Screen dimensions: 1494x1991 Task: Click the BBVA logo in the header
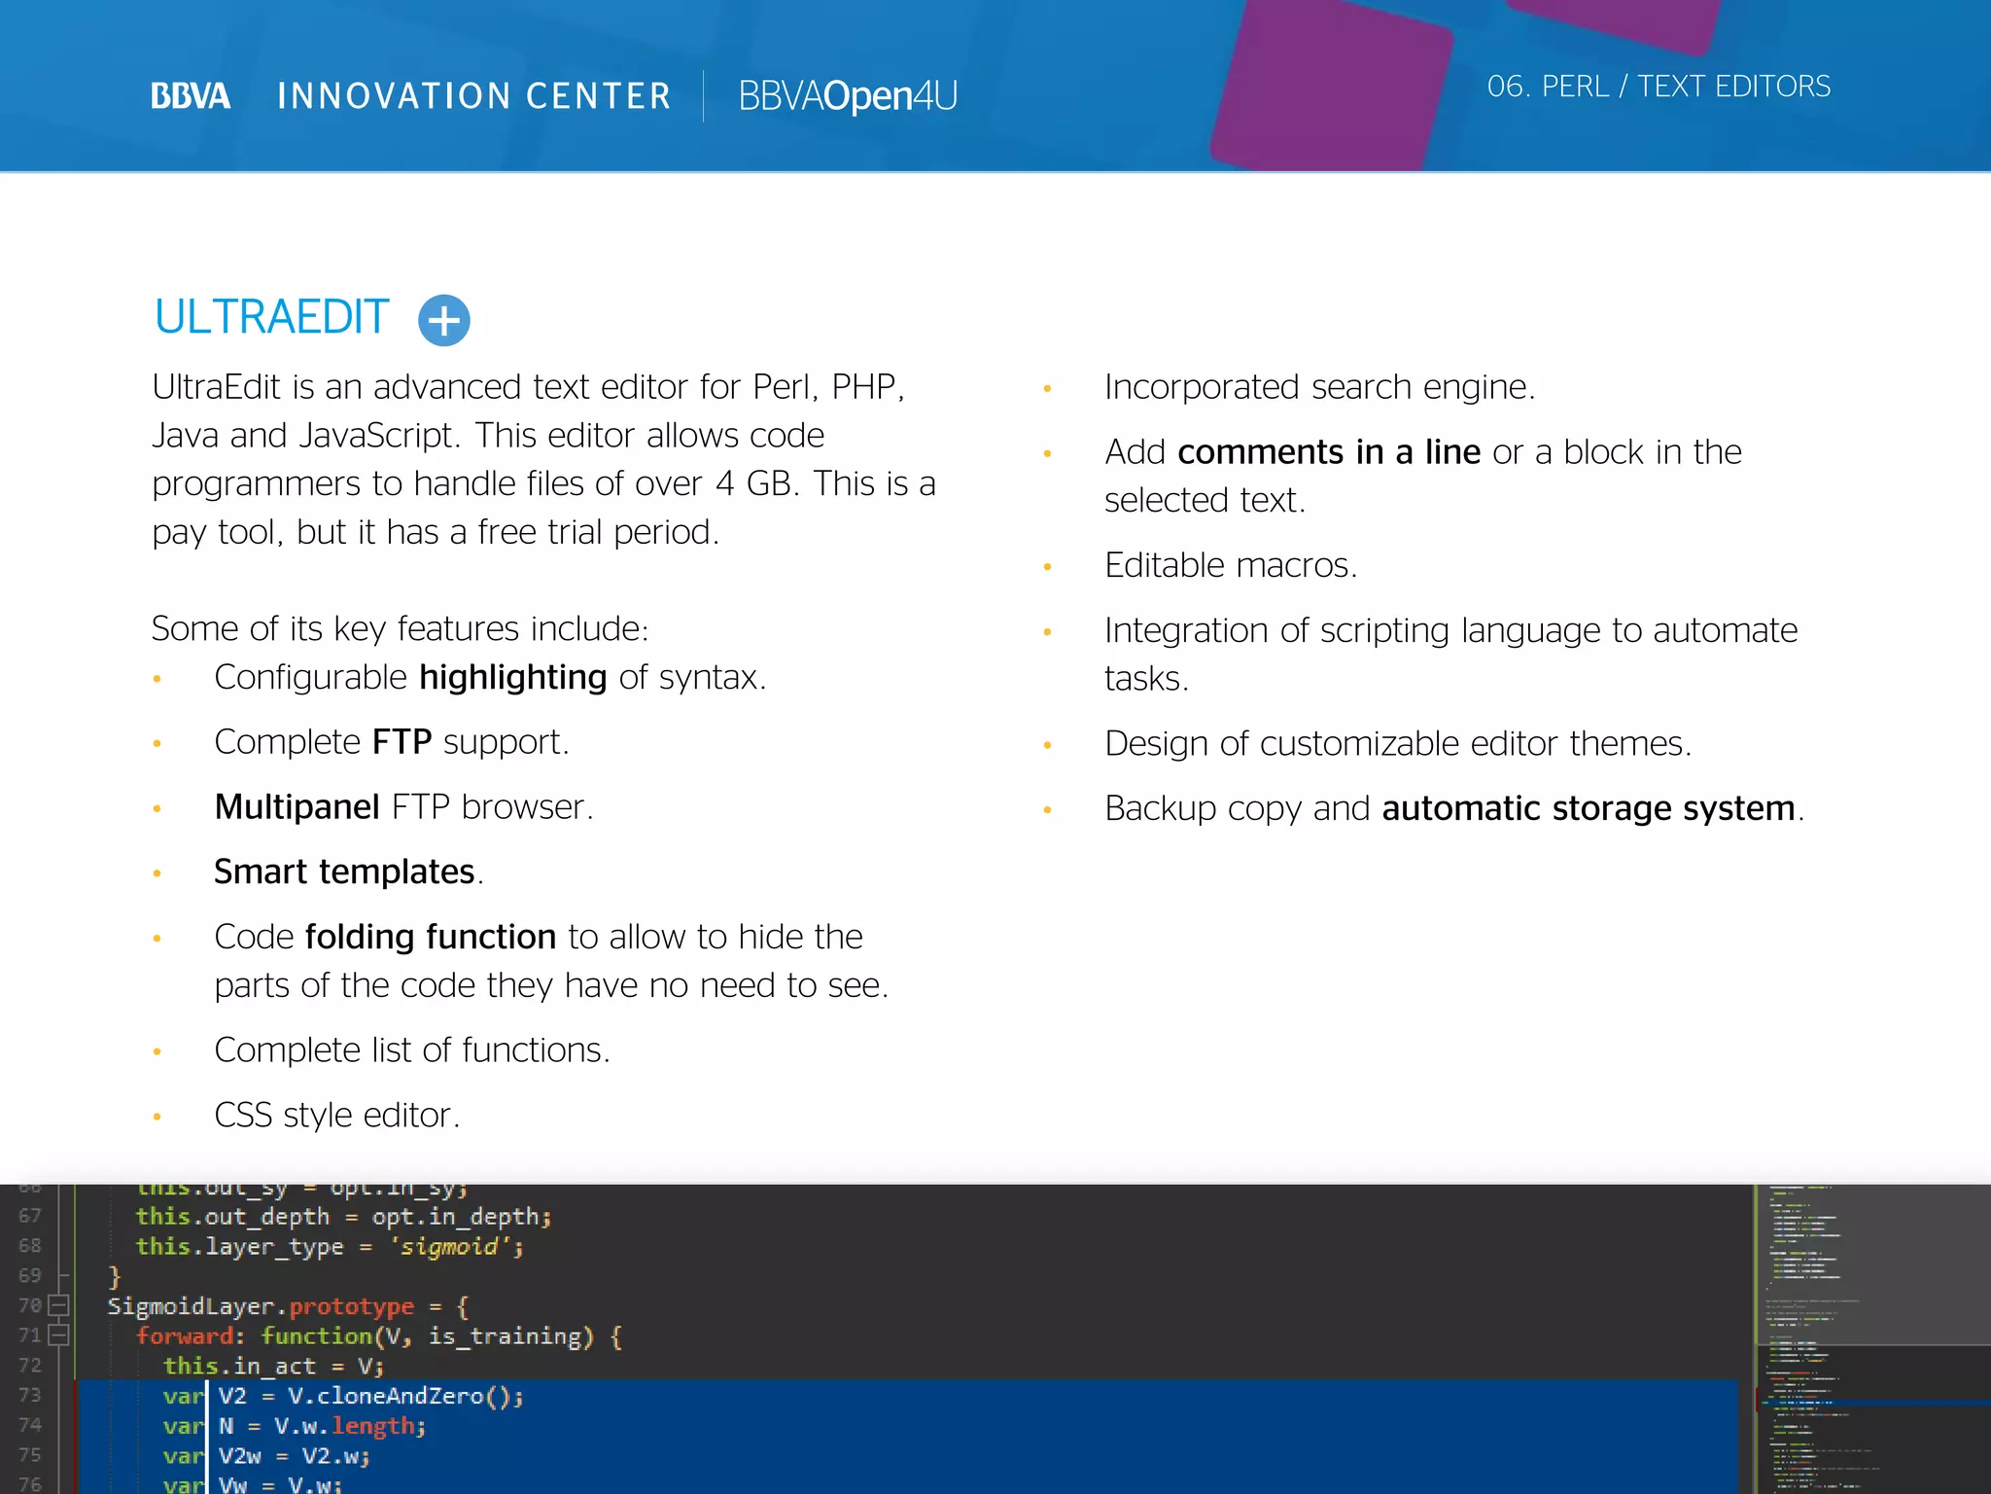click(x=191, y=96)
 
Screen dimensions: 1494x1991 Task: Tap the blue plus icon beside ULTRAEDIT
click(x=444, y=320)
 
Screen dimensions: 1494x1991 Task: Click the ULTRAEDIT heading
click(x=271, y=318)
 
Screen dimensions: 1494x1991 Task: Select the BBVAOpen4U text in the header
click(x=848, y=96)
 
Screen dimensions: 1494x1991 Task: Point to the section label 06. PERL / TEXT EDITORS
click(x=1659, y=87)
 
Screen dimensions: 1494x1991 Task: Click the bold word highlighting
click(x=513, y=678)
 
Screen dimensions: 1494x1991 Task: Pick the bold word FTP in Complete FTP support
click(x=402, y=742)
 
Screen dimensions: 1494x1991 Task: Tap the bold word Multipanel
click(x=297, y=807)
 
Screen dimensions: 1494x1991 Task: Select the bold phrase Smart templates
click(x=344, y=872)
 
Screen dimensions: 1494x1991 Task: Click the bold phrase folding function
click(x=431, y=937)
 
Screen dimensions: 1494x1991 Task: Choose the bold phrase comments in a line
click(x=1329, y=452)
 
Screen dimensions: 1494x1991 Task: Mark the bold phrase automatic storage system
click(x=1588, y=808)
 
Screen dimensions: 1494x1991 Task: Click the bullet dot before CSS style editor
click(x=157, y=1117)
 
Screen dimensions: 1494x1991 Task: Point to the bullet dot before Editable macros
click(x=1047, y=567)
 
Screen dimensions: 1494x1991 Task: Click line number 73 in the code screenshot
click(x=30, y=1395)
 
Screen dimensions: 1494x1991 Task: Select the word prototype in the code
click(x=351, y=1306)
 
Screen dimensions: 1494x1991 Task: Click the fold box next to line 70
click(x=58, y=1305)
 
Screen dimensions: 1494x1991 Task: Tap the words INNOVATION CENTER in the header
click(x=474, y=96)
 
